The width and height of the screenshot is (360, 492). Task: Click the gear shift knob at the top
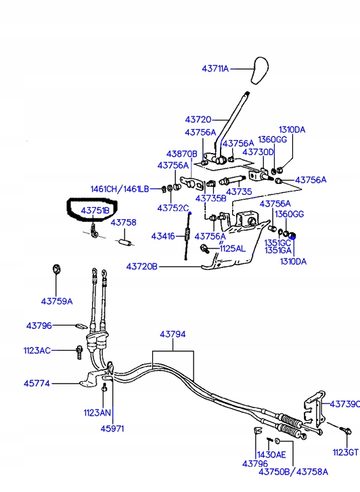[260, 70]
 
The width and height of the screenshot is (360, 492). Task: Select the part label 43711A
[215, 69]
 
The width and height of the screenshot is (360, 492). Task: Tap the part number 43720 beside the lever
[198, 120]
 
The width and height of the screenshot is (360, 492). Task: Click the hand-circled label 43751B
[95, 210]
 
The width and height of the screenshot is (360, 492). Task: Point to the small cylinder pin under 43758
[125, 242]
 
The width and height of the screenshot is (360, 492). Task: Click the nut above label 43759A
[56, 269]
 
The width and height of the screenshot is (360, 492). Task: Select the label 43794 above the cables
[173, 334]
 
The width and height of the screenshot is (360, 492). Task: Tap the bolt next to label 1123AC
[79, 352]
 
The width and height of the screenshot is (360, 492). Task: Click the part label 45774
[37, 384]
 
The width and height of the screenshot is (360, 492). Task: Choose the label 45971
[112, 428]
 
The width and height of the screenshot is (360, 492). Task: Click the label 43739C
[344, 404]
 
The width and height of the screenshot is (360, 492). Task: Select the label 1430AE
[271, 454]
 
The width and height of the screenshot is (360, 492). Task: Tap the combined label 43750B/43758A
[293, 472]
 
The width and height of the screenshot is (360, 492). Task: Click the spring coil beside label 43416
[187, 234]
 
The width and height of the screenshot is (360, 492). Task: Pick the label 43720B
[142, 267]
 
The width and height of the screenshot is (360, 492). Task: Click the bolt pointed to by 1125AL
[204, 249]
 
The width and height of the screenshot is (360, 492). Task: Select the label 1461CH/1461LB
[120, 189]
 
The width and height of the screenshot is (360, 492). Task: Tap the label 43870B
[182, 154]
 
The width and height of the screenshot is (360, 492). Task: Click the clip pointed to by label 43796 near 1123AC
[82, 326]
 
